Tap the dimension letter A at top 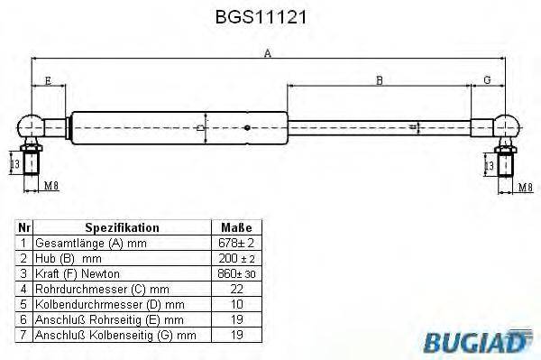pos(267,52)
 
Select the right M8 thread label pos(524,188)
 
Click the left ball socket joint pos(32,125)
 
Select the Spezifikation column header pos(122,228)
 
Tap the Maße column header pos(235,228)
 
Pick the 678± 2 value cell pos(235,244)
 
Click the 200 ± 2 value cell pos(235,259)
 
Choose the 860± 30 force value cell pos(235,273)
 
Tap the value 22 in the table pos(235,289)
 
